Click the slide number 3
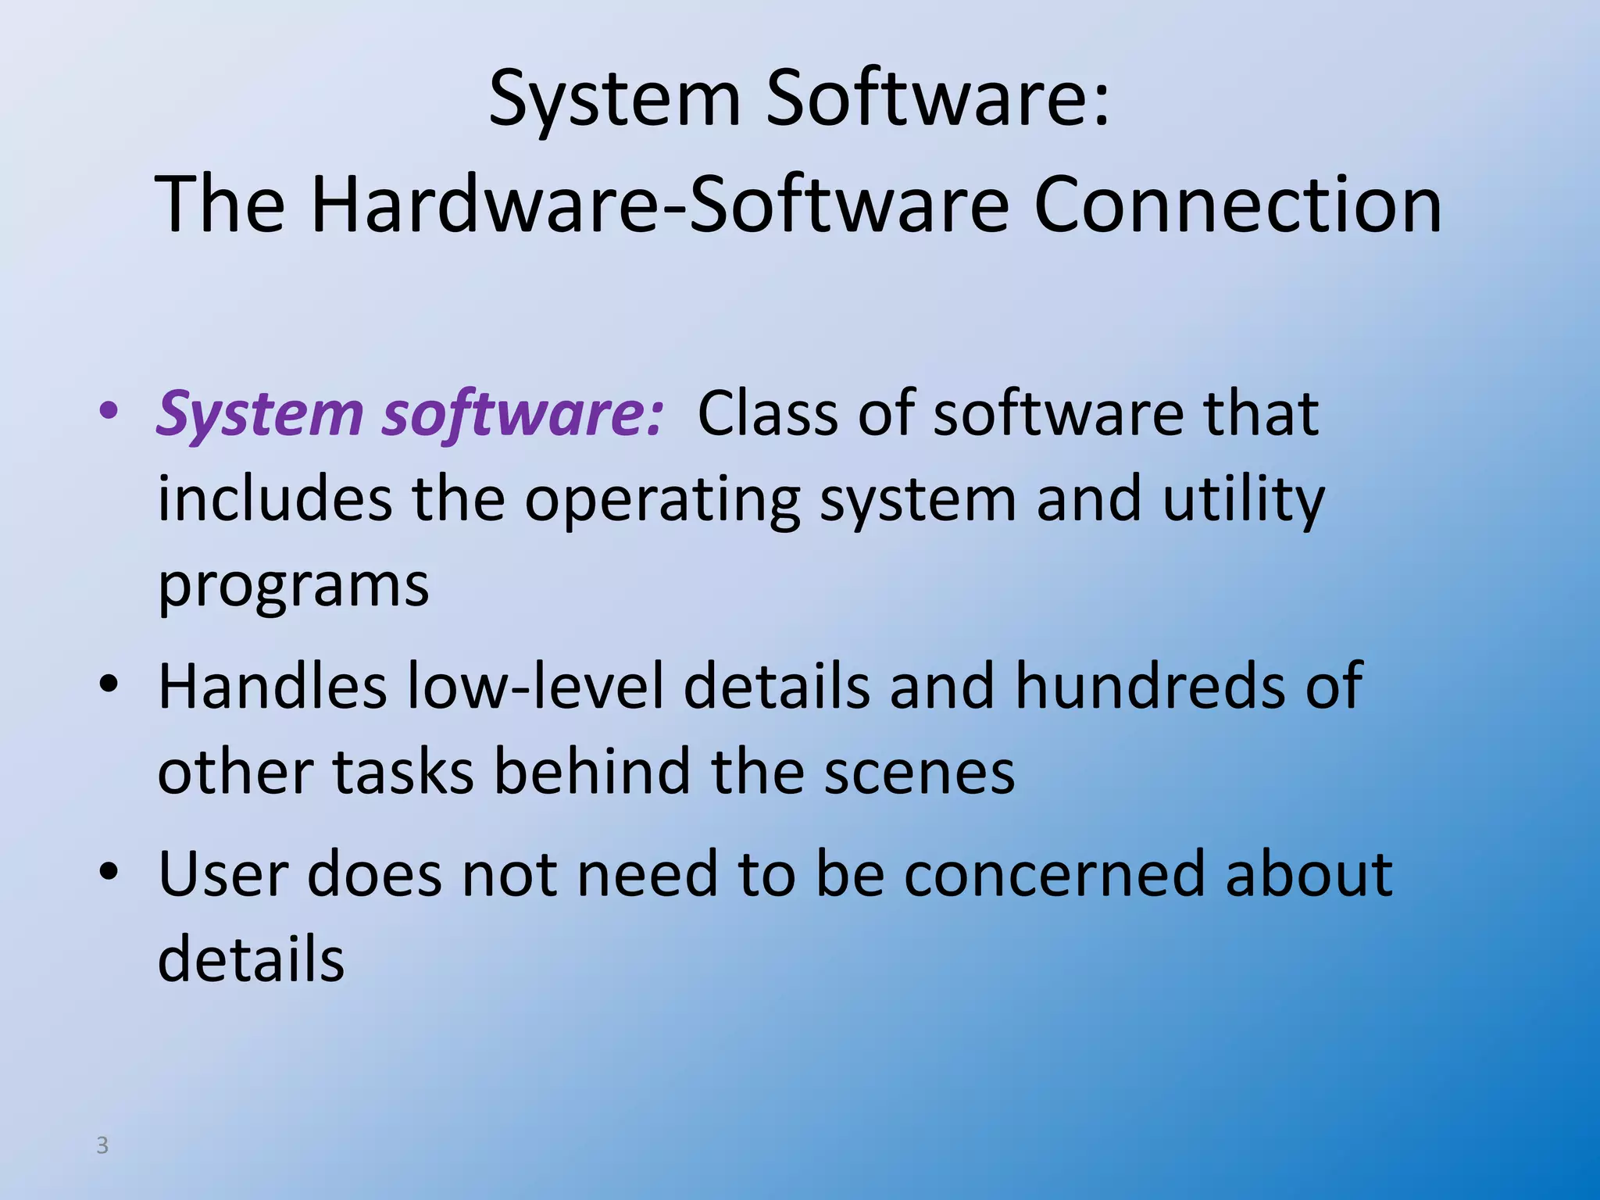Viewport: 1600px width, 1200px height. (102, 1145)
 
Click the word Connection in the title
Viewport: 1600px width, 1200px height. (1237, 205)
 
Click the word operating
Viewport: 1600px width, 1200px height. (662, 500)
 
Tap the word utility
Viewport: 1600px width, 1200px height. (1243, 500)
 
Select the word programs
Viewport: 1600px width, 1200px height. (293, 586)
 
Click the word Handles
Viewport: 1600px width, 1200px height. (273, 686)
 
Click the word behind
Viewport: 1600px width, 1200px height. (592, 772)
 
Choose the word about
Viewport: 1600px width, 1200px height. (1309, 873)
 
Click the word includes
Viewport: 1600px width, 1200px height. (274, 500)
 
